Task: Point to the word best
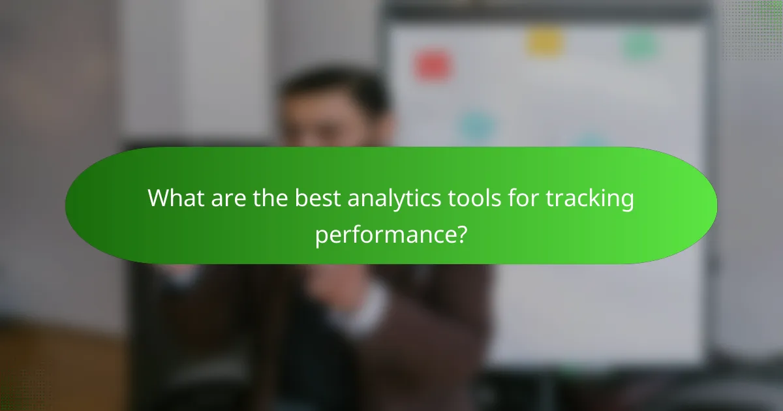click(317, 198)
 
